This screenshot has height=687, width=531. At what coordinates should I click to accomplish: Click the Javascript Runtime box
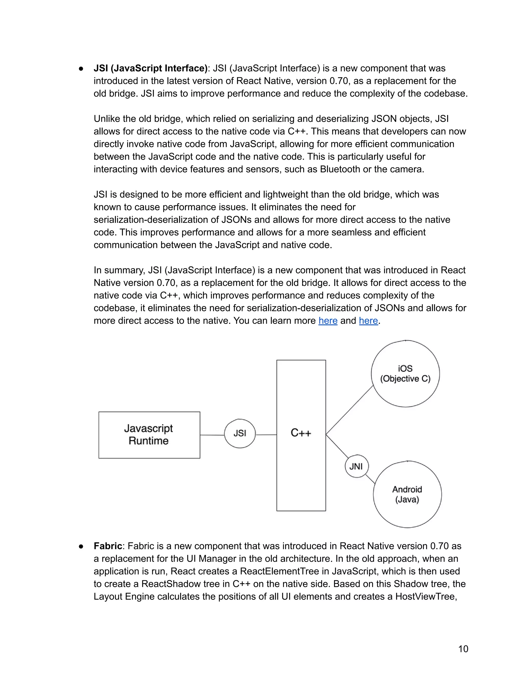[149, 435]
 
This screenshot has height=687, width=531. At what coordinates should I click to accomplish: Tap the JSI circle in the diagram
[240, 433]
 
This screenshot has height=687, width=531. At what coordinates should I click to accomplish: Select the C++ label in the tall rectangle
[301, 433]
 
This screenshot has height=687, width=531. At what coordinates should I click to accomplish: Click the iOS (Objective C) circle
[405, 374]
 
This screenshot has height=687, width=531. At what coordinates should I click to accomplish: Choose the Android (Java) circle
[407, 494]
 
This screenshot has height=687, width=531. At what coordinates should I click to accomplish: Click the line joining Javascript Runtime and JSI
[212, 435]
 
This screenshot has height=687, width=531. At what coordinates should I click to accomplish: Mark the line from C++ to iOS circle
[349, 410]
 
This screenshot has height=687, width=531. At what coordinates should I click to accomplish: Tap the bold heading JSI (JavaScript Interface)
[150, 68]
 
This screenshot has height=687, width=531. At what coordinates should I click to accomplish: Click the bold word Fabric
[108, 546]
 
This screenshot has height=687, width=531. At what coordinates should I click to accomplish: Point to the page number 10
[463, 649]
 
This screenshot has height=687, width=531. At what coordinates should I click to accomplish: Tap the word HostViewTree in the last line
[426, 597]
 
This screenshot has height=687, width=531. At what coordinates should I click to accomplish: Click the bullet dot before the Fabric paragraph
[81, 546]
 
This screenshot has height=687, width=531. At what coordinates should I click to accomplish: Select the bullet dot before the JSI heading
[81, 69]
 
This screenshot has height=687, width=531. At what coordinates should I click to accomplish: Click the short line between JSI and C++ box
[266, 435]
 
